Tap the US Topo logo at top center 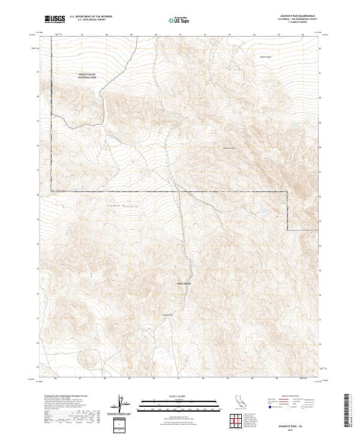(180, 20)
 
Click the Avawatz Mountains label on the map (123, 206)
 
